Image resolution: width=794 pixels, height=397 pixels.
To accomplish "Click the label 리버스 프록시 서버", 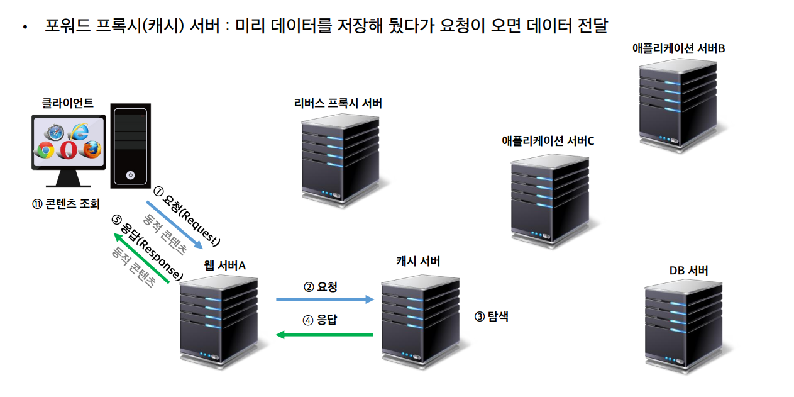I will coord(338,104).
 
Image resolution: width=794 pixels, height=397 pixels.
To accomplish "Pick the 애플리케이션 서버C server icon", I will coord(550,201).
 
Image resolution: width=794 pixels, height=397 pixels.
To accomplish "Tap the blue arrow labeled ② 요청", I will coord(325,299).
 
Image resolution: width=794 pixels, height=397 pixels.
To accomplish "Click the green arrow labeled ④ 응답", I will coord(325,334).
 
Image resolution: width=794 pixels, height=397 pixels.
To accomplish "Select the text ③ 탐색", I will coord(491,316).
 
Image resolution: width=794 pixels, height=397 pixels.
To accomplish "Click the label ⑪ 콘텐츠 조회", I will coord(66,204).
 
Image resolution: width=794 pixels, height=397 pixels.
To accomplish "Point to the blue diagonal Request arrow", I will coord(175,225).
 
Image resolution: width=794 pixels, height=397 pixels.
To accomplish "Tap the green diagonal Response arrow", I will coord(141,258).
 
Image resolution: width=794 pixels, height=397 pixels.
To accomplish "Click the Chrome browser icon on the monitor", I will coord(46,150).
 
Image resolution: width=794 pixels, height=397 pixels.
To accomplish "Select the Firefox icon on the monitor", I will coord(92,150).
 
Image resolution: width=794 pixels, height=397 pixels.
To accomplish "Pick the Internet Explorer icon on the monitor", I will coord(79,131).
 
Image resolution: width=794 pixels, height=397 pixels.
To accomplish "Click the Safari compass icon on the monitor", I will coord(57,133).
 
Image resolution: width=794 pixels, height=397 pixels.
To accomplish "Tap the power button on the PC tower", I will coord(131,175).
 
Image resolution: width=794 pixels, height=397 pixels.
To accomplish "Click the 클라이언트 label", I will coord(68,103).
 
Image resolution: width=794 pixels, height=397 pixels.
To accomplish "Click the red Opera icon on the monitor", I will coord(69,150).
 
